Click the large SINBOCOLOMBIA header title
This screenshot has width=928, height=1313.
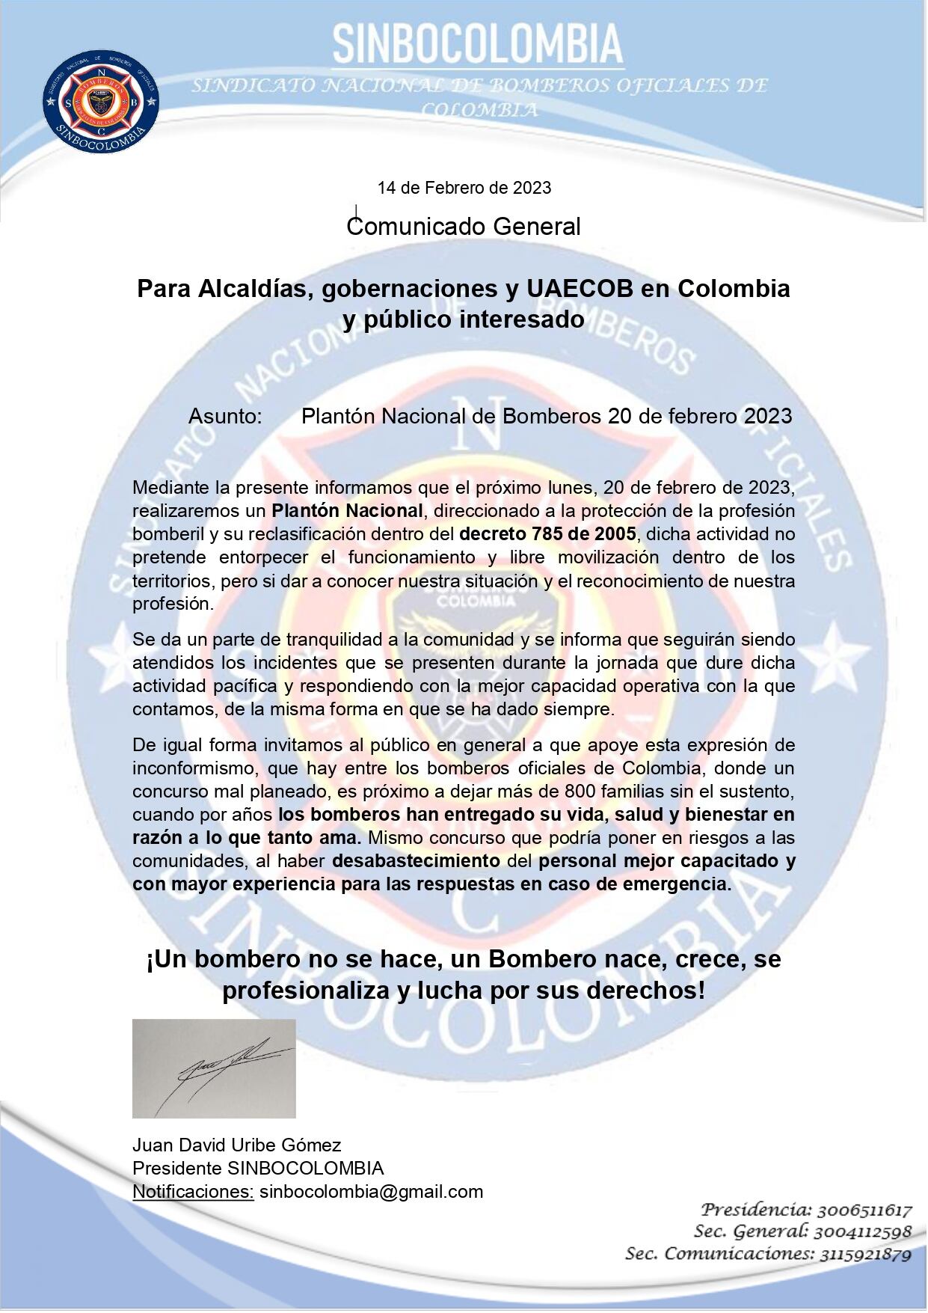[478, 43]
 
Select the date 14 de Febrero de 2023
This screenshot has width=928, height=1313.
[464, 188]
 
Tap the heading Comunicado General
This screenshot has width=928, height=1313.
[464, 226]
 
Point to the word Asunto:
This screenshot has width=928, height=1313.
[225, 416]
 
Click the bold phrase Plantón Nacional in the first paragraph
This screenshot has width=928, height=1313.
[347, 511]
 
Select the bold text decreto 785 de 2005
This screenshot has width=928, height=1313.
[547, 534]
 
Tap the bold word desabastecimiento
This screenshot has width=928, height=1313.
[417, 860]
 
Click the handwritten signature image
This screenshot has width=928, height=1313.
[214, 1068]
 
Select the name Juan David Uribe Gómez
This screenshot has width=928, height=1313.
[236, 1145]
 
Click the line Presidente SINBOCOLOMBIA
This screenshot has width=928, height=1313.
[258, 1168]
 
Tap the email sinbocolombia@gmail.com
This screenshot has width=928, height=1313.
[371, 1191]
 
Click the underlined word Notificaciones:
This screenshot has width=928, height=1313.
[193, 1191]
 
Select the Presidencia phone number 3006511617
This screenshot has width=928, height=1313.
[864, 1210]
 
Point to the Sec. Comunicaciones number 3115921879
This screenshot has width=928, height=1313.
[864, 1254]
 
